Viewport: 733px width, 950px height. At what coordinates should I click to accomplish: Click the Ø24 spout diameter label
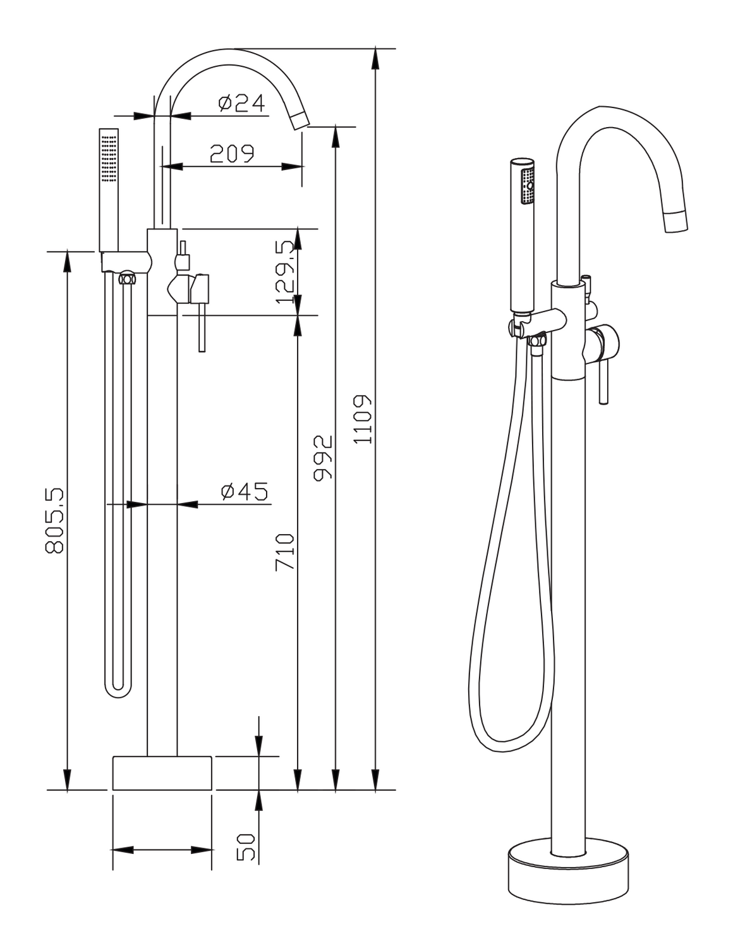(241, 103)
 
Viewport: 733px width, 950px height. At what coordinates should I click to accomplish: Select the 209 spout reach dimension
(232, 154)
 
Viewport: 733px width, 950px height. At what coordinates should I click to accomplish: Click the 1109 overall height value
(362, 420)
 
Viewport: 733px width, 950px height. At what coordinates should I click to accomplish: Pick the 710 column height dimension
(285, 552)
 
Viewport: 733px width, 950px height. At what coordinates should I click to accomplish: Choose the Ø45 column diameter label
(245, 491)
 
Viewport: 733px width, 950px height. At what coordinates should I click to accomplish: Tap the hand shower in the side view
(109, 190)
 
